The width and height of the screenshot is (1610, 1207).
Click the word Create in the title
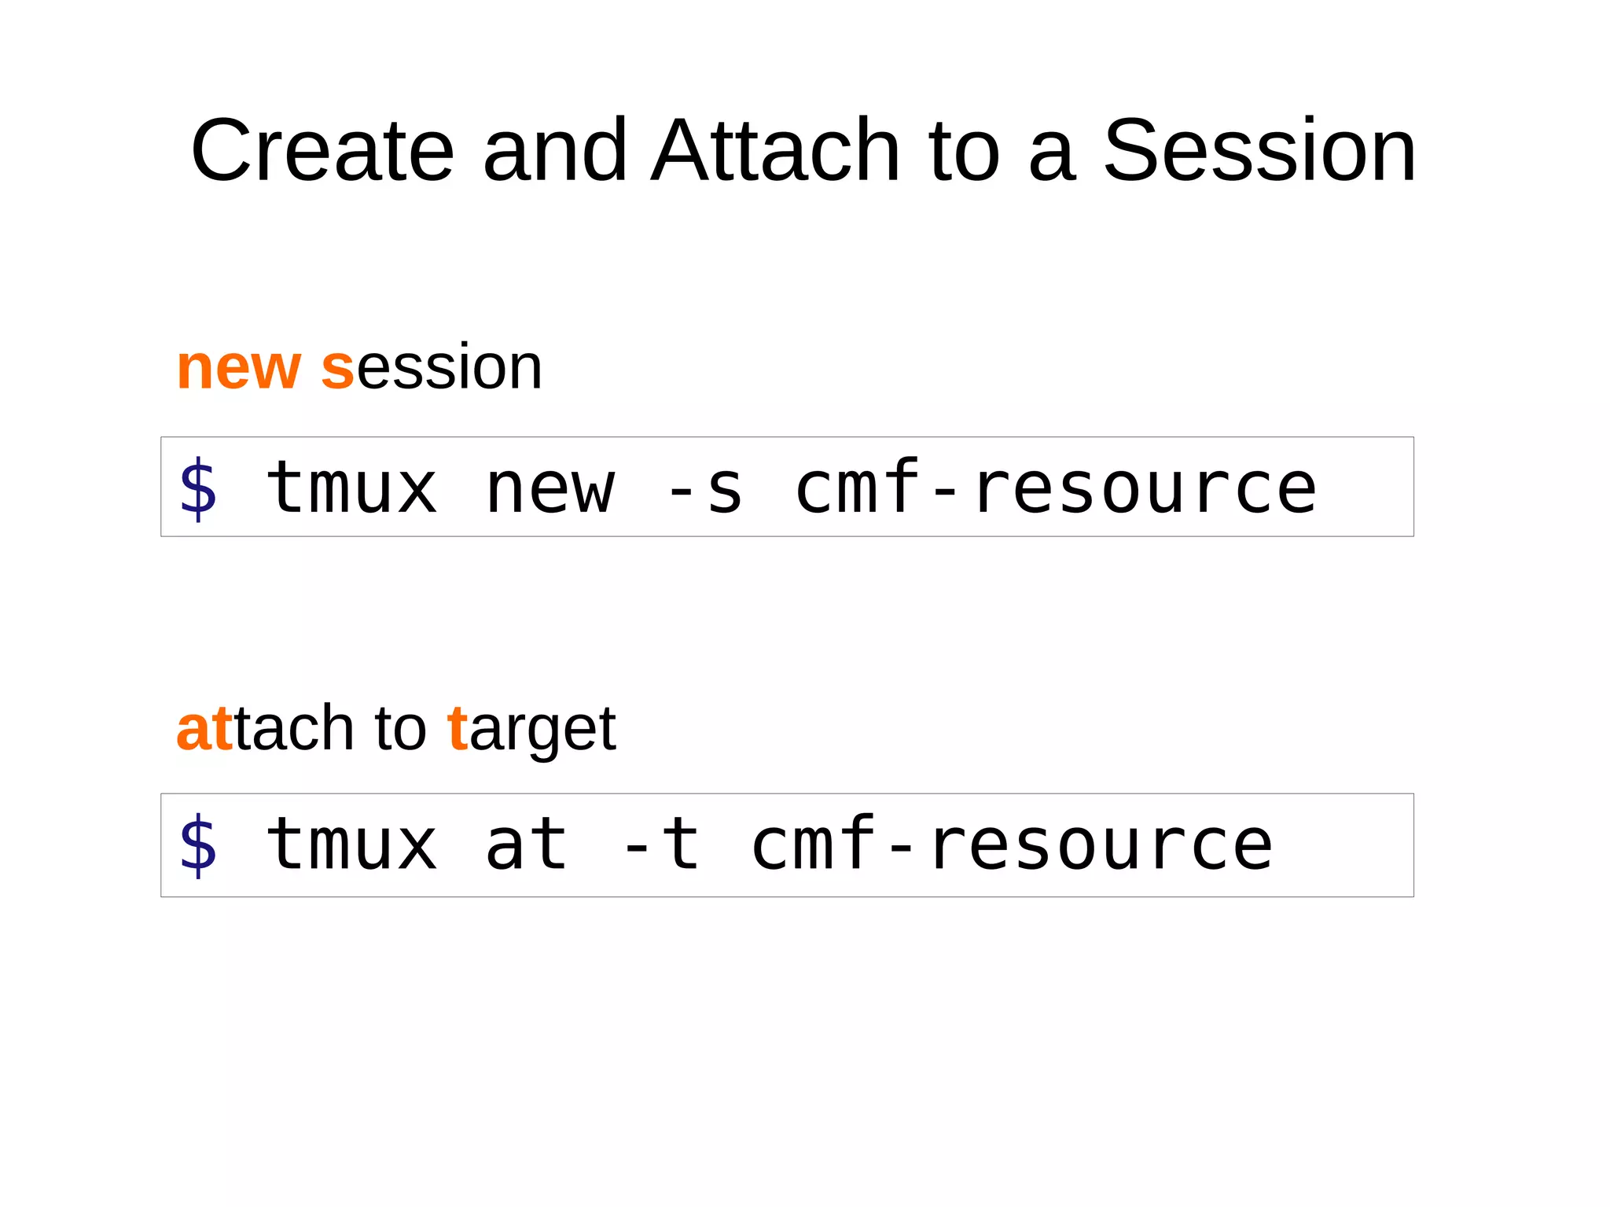pyautogui.click(x=322, y=150)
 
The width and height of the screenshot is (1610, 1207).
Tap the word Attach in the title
pyautogui.click(x=775, y=150)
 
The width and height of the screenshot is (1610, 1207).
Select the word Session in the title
pyautogui.click(x=1259, y=150)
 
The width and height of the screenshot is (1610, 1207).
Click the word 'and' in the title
pyautogui.click(x=554, y=150)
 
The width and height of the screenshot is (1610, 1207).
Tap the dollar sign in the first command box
pyautogui.click(x=198, y=488)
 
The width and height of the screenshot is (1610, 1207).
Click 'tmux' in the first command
pyautogui.click(x=351, y=488)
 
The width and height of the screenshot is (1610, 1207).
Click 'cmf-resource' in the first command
pyautogui.click(x=1056, y=488)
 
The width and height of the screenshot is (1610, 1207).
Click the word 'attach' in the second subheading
pyautogui.click(x=265, y=728)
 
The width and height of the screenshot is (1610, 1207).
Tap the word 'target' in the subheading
pyautogui.click(x=531, y=730)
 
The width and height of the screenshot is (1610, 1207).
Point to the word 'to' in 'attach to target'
pyautogui.click(x=400, y=728)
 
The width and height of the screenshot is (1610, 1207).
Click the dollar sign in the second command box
pyautogui.click(x=198, y=845)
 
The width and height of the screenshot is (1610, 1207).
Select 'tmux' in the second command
pyautogui.click(x=351, y=845)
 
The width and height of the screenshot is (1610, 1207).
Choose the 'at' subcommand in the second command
pyautogui.click(x=526, y=845)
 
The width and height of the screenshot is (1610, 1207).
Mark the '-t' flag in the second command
pyautogui.click(x=660, y=845)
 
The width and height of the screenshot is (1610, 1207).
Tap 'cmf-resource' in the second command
pyautogui.click(x=1012, y=845)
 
